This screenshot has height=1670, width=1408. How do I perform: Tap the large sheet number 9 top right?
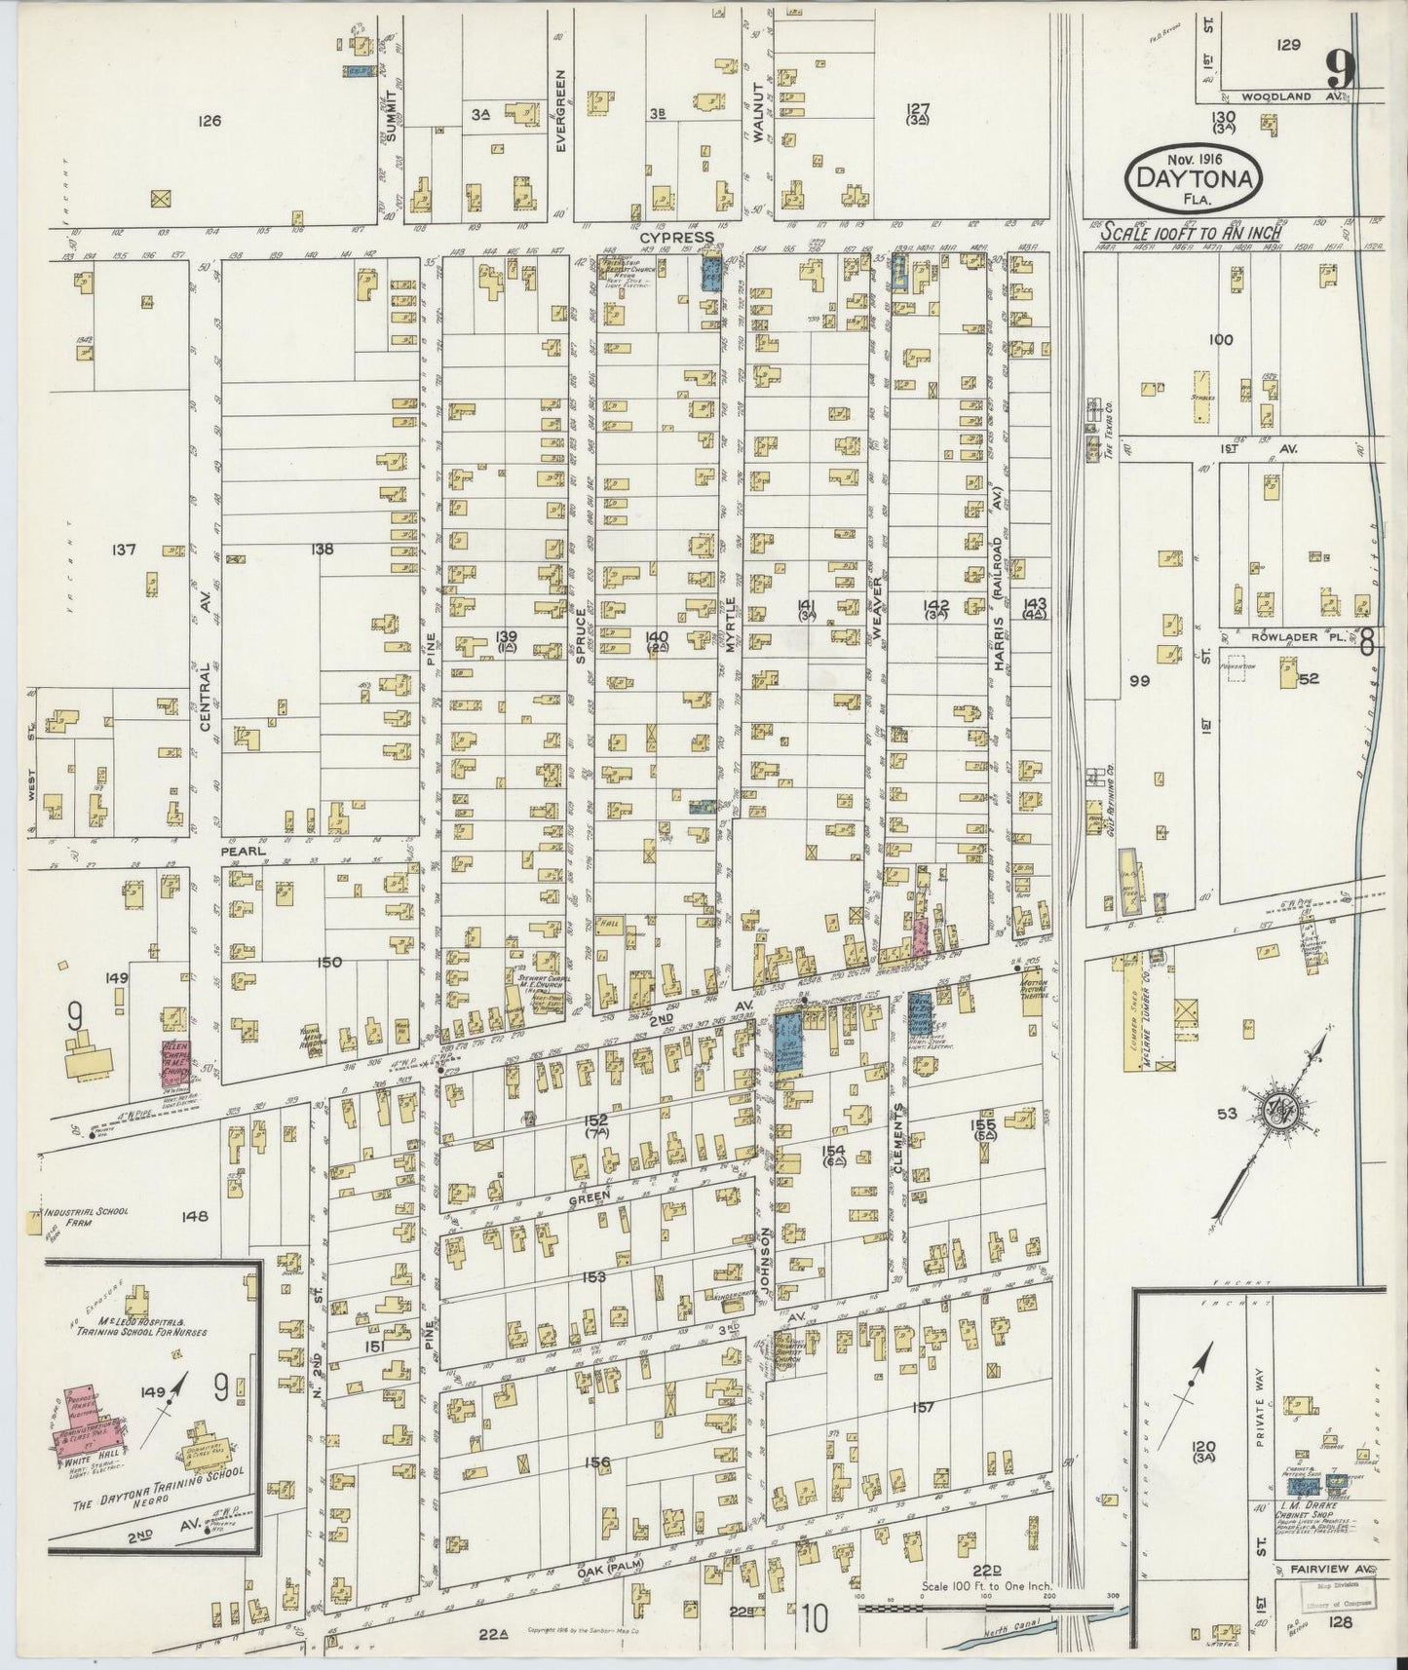click(1342, 69)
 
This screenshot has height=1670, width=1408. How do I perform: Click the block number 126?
click(209, 122)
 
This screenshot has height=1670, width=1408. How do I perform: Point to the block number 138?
click(322, 550)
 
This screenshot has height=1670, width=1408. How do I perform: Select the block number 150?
click(329, 963)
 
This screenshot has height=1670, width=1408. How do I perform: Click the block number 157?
click(924, 1407)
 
